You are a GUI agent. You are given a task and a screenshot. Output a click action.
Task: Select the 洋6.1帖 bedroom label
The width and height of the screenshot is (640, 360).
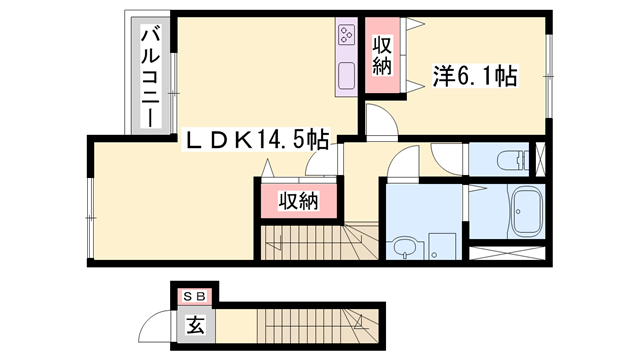coord(474,74)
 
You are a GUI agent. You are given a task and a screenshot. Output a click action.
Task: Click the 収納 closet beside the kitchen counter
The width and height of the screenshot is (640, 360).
coord(382,57)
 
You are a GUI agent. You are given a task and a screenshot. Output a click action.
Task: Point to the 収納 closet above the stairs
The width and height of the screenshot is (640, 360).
coord(298,201)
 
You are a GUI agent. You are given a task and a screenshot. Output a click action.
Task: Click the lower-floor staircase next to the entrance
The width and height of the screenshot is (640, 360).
coord(300,327)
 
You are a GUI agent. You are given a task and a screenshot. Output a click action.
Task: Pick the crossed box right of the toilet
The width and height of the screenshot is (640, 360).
coord(541,159)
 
